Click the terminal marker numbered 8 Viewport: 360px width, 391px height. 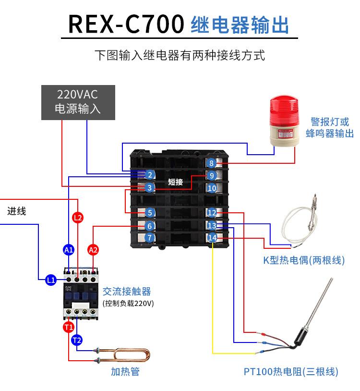pos(212,163)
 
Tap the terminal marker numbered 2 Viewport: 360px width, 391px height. pos(150,175)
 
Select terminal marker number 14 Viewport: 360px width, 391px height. pos(212,237)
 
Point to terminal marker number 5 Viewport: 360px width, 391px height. pos(150,212)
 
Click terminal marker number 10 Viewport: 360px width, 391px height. pos(212,188)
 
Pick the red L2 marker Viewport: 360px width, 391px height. pos(78,218)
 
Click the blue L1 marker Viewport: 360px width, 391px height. pos(51,280)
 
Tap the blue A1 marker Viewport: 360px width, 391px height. pos(69,250)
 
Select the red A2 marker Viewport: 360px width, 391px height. pos(93,250)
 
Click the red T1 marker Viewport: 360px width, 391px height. pos(69,327)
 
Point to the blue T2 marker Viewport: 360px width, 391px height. pos(77,340)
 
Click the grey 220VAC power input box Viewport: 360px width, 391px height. pos(78,101)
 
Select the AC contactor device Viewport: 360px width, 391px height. pos(79,293)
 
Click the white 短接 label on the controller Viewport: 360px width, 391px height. pos(176,182)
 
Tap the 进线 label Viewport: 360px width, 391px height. pos(17,211)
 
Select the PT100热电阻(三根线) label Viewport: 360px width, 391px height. pos(291,371)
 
